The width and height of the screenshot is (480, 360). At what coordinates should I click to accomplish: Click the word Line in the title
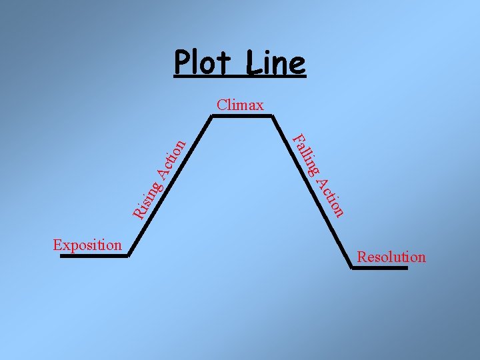point(275,64)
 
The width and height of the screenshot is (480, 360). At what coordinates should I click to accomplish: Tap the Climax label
point(240,105)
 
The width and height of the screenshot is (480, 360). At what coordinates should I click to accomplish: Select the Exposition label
point(87,245)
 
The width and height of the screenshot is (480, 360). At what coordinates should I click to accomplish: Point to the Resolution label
point(391,257)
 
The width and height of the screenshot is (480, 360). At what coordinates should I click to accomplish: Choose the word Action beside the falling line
point(331,195)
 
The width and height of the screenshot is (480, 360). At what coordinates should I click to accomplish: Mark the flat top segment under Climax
point(241,116)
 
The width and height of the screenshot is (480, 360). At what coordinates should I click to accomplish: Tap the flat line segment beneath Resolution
point(380,268)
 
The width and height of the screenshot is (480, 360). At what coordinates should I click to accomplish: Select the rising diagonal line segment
point(170,185)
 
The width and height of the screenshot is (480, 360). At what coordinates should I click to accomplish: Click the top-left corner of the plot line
point(211,116)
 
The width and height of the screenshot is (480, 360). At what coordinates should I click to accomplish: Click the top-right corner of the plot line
point(272,116)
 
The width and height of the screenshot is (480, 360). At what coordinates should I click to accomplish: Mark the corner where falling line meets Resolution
point(353,267)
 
